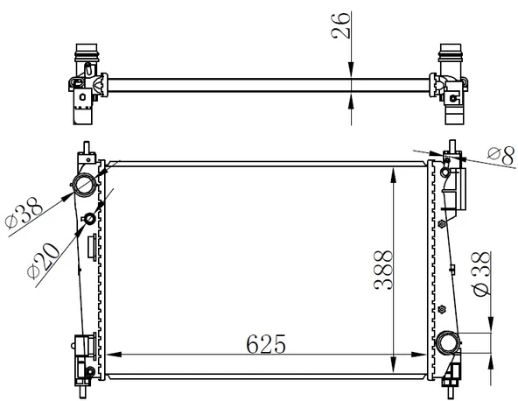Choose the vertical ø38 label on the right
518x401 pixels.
click(479, 273)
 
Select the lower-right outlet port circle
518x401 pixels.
click(451, 342)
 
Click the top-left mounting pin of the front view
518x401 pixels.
click(87, 145)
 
